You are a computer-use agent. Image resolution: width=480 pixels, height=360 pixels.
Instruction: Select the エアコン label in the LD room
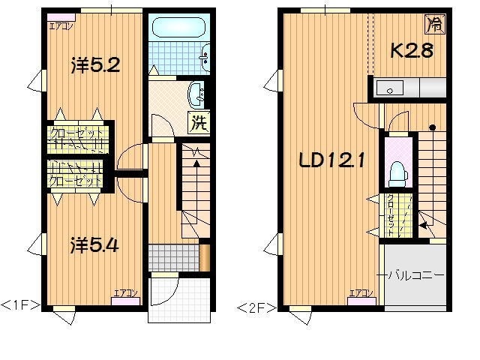[361, 293]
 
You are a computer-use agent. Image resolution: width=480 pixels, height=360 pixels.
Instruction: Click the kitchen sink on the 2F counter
[391, 89]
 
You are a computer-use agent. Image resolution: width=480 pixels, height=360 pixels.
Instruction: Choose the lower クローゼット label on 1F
[75, 181]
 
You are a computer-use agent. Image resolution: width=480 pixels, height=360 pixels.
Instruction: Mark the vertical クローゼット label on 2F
[391, 215]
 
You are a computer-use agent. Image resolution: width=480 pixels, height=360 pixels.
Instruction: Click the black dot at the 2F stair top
[432, 127]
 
